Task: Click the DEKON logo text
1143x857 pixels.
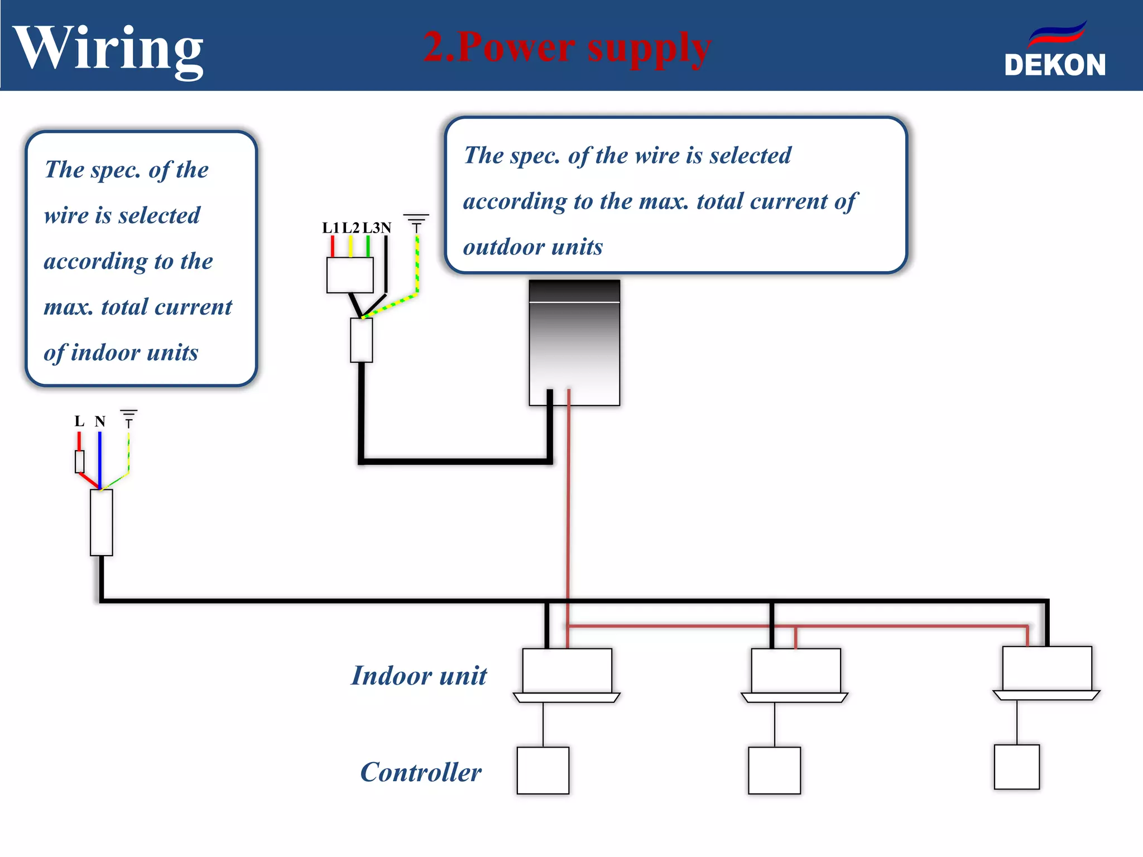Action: [1054, 65]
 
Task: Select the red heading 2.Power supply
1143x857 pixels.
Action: [566, 47]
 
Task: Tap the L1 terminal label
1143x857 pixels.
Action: [330, 228]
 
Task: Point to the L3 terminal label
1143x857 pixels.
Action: [372, 228]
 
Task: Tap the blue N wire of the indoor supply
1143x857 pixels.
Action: [100, 458]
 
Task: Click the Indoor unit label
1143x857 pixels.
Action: [419, 675]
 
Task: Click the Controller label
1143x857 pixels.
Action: [421, 772]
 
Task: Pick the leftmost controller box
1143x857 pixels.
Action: [542, 770]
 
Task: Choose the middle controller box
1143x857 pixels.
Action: [774, 770]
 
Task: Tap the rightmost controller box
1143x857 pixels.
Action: [1016, 767]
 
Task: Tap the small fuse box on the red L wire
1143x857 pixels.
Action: [80, 461]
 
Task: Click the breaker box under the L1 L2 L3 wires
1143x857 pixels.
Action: [350, 275]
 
